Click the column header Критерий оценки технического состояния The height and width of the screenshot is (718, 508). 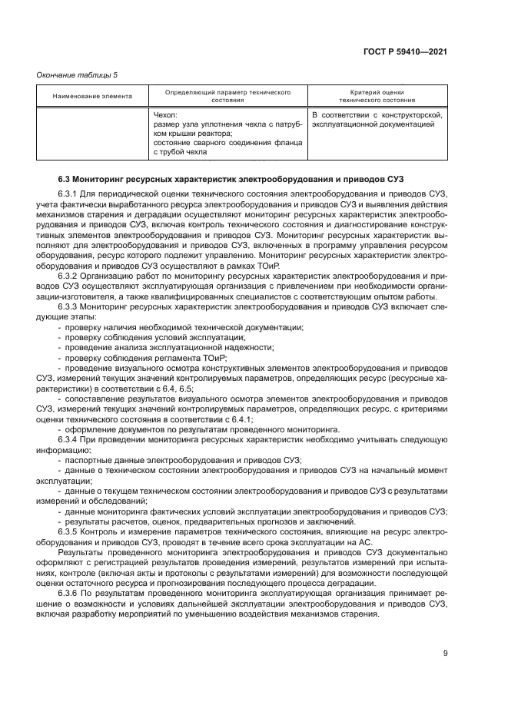click(377, 95)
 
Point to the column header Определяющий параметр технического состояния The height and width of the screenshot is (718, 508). click(227, 95)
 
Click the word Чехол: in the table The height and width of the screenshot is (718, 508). click(166, 115)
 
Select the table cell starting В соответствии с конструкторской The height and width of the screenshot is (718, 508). click(377, 120)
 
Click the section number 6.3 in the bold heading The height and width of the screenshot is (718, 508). click(65, 178)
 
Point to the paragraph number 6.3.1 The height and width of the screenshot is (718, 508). click(68, 195)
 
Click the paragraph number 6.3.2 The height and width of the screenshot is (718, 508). click(68, 273)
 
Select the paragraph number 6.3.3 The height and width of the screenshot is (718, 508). click(68, 306)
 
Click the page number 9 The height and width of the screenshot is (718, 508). click(445, 653)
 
